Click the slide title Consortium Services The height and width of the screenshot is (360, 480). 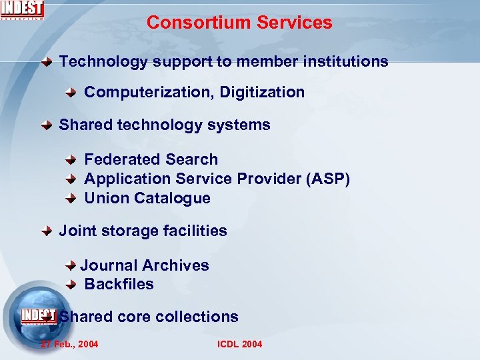(239, 22)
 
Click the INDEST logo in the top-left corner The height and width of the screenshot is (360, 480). (22, 10)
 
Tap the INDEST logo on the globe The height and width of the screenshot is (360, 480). (38, 315)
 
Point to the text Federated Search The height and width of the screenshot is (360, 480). (151, 160)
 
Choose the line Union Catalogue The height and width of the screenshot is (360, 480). (147, 199)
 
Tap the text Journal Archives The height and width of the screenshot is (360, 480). (145, 265)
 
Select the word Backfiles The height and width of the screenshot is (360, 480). (119, 285)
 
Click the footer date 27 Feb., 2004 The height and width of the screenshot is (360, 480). (69, 344)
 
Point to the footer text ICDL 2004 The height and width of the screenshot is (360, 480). (240, 344)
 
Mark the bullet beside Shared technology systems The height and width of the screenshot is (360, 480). (47, 125)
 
